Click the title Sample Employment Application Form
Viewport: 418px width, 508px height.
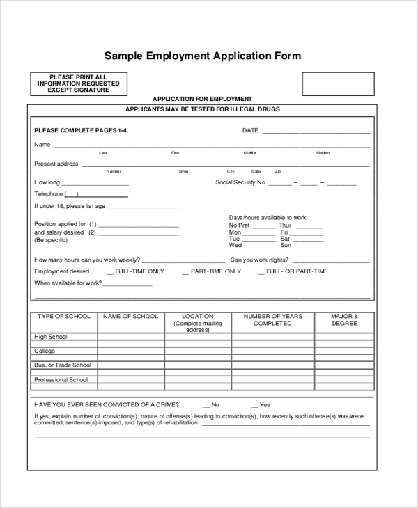[202, 56]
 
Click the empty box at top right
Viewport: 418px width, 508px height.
[337, 84]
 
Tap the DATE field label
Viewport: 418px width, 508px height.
[250, 130]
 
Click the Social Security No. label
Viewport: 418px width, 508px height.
[241, 182]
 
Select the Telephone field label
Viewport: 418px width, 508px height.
[49, 194]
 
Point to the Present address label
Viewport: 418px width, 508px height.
[56, 164]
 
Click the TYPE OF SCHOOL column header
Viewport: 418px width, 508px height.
[64, 317]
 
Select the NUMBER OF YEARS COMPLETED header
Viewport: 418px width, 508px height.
[272, 320]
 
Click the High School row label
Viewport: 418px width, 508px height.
[51, 338]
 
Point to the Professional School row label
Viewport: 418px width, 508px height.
[61, 380]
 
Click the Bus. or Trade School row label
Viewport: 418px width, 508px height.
[63, 365]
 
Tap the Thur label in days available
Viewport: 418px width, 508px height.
[286, 225]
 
